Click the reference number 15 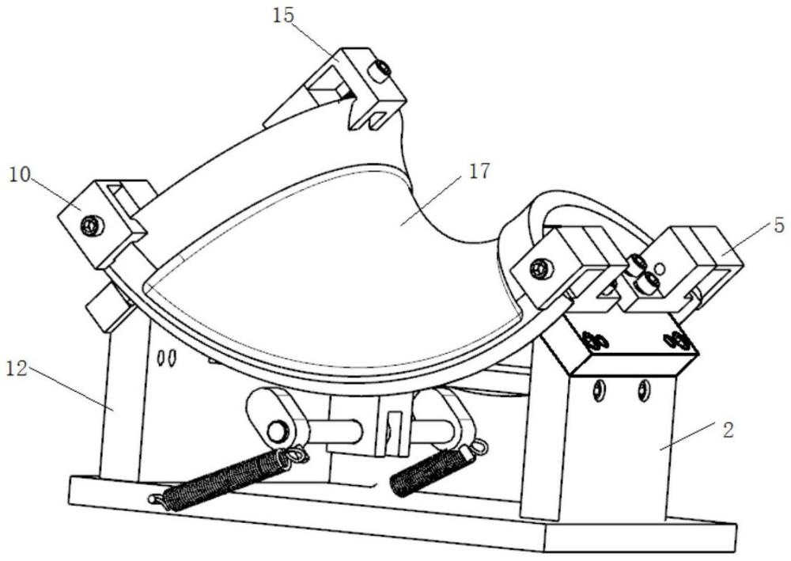pos(283,16)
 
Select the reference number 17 pos(479,172)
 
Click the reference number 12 pos(17,369)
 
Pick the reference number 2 pos(728,430)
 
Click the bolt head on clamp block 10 pos(93,225)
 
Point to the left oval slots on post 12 pos(166,358)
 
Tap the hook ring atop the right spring pos(480,447)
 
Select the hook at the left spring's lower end pos(157,499)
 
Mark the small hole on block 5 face pos(658,267)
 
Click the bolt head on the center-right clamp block pos(542,268)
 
